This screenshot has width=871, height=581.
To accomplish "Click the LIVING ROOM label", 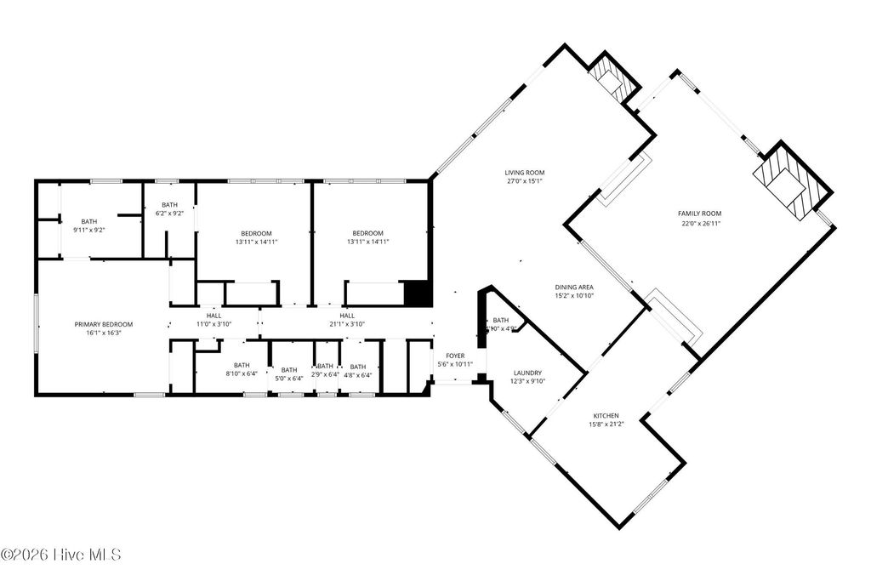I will point(524,172).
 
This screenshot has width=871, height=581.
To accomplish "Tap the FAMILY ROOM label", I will point(699,214).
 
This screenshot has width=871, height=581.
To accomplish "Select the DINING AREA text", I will point(573,288).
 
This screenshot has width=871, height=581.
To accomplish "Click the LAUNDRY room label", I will point(527,373).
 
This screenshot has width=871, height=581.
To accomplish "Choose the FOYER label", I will point(455,355).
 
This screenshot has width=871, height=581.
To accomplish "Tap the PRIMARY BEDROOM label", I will point(104,324).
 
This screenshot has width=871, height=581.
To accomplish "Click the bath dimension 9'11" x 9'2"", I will point(89,230).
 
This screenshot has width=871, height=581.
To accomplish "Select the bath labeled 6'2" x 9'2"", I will point(170,214).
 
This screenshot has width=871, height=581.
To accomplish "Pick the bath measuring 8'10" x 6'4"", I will point(242,373).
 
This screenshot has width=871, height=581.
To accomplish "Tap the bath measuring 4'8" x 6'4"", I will point(358,374).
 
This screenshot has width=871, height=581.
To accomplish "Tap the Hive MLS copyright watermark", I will point(61,555).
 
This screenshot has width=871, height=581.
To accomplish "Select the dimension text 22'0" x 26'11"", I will point(699,224).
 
